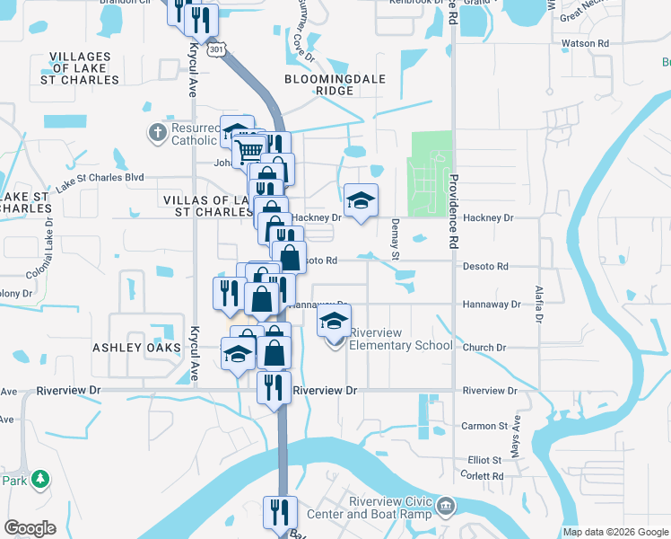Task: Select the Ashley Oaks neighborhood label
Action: click(x=131, y=347)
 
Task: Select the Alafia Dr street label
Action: click(x=540, y=305)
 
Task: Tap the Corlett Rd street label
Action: click(x=482, y=476)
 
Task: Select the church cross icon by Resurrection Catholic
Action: click(x=157, y=134)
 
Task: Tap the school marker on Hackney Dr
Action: click(x=361, y=199)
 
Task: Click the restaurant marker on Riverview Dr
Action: click(x=273, y=386)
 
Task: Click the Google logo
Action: click(x=30, y=528)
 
